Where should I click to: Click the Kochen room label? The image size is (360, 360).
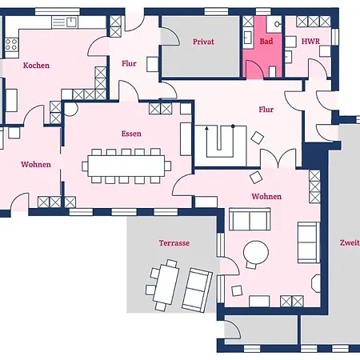tap(36, 66)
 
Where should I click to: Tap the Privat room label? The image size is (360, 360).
tap(203, 42)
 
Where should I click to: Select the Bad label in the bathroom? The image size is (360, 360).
tap(266, 42)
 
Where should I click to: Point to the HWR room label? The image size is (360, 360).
tap(310, 42)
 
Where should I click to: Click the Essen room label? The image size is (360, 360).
tap(131, 134)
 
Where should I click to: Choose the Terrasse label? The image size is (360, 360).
tap(174, 243)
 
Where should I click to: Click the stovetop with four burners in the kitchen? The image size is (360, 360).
tap(11, 45)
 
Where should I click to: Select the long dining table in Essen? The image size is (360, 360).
tap(126, 166)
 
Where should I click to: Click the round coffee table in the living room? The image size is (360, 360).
tap(256, 253)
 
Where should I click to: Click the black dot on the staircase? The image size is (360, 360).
tap(233, 126)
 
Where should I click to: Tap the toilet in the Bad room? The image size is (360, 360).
tap(272, 72)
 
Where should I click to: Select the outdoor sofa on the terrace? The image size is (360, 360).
tap(198, 290)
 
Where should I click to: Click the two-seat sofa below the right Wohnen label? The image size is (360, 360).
tap(250, 219)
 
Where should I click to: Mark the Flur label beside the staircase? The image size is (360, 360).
tap(266, 110)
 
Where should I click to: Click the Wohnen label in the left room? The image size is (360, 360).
tap(36, 165)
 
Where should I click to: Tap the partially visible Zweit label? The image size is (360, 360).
tap(350, 242)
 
